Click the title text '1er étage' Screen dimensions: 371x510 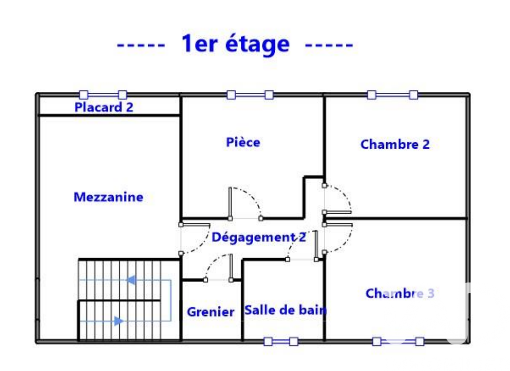[x=235, y=45]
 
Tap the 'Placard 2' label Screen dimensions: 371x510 [x=104, y=107]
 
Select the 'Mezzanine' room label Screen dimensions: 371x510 [x=108, y=197]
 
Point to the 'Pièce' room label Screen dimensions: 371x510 [x=243, y=142]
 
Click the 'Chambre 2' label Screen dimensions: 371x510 [x=395, y=144]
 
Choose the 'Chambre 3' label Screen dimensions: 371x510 [x=399, y=293]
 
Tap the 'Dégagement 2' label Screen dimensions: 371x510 [x=258, y=237]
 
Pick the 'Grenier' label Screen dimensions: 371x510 [x=210, y=312]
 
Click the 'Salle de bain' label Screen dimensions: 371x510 [x=285, y=310]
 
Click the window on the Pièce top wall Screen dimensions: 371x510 [x=250, y=95]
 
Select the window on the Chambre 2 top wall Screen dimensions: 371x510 [x=392, y=95]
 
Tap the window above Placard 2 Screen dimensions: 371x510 [x=103, y=95]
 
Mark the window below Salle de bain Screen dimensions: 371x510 [x=280, y=341]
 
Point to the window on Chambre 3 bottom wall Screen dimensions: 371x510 [x=398, y=341]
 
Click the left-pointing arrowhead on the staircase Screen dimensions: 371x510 [x=131, y=281]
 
